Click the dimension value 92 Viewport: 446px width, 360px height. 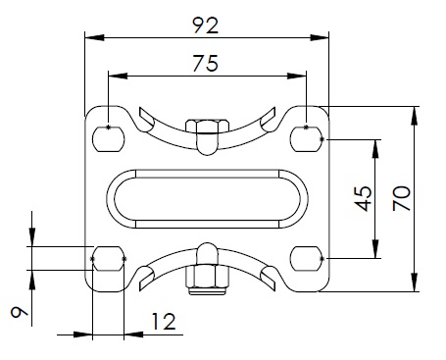[206, 26]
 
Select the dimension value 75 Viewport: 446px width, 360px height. [206, 63]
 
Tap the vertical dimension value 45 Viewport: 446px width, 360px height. [364, 198]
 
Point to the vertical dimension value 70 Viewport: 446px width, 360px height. [402, 198]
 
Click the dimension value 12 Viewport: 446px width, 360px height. [164, 321]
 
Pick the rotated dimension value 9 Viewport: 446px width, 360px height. [20, 312]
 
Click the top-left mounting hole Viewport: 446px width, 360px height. [109, 138]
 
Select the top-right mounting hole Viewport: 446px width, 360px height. [307, 138]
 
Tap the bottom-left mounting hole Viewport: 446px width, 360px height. [109, 259]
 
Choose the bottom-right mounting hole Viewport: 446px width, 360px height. [307, 259]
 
